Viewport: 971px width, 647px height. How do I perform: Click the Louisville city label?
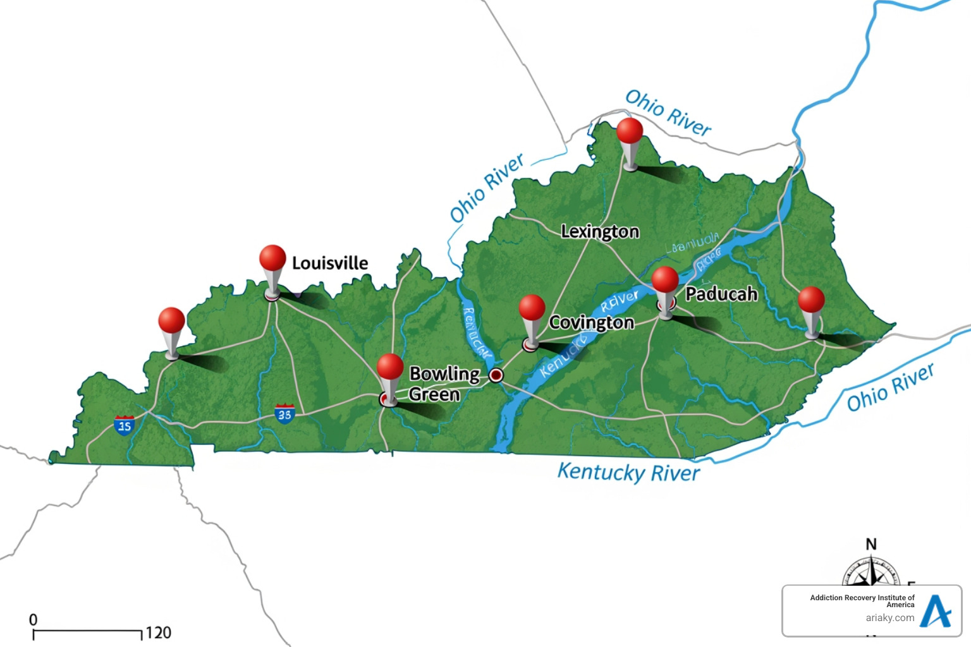click(x=329, y=263)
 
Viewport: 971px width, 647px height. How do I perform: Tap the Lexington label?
click(x=600, y=232)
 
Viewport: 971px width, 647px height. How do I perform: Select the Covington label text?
click(x=591, y=323)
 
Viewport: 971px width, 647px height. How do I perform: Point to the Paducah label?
click(x=721, y=294)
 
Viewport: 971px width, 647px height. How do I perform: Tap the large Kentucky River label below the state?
click(x=628, y=473)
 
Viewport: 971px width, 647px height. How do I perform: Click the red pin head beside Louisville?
click(x=272, y=258)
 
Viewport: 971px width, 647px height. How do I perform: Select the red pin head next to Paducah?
click(x=665, y=279)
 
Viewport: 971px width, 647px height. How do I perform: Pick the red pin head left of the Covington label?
click(x=532, y=308)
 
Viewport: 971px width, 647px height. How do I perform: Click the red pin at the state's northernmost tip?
click(x=630, y=131)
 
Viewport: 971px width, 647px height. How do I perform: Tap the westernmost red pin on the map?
click(x=171, y=320)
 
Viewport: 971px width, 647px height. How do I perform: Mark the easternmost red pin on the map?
click(x=811, y=299)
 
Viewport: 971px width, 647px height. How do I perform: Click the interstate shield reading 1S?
click(x=125, y=425)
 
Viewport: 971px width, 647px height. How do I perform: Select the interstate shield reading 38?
click(x=284, y=414)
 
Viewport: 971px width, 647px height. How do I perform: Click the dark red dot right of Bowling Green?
click(x=496, y=375)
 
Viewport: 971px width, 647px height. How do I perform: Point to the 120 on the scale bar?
click(x=158, y=632)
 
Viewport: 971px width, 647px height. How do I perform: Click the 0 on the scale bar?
click(x=34, y=620)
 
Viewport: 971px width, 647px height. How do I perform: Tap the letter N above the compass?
click(x=871, y=544)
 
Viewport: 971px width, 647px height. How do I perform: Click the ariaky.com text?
click(x=890, y=618)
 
